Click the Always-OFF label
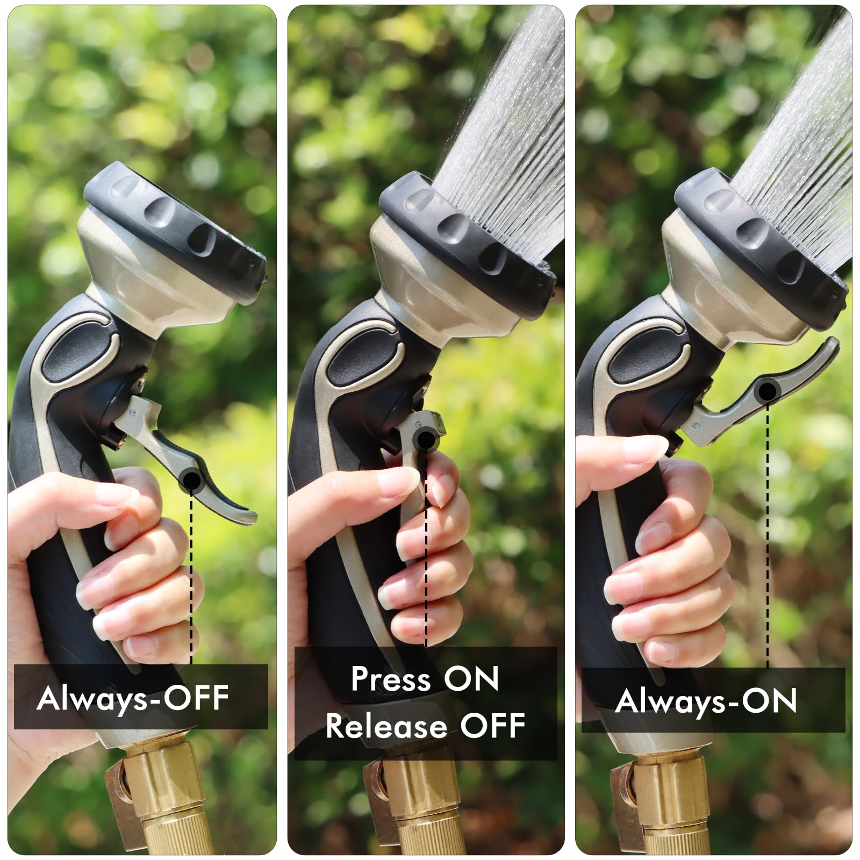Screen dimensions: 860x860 coord(133,698)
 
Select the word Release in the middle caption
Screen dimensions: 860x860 coord(386,726)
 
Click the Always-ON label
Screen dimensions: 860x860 coord(706,701)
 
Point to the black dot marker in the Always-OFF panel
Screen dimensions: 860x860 coord(191,479)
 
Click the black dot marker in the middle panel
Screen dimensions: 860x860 coord(426,440)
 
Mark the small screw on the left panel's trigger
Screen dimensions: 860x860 coord(133,412)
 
